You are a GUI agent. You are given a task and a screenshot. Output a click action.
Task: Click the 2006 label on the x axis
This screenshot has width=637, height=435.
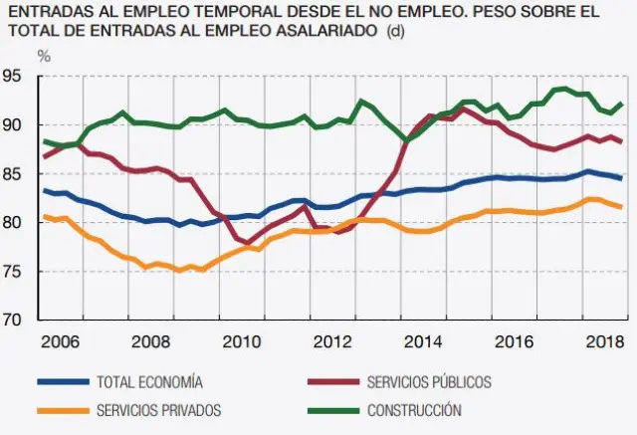pyautogui.click(x=61, y=343)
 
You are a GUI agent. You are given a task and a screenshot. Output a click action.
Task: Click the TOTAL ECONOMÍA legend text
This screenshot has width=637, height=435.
pyautogui.click(x=150, y=382)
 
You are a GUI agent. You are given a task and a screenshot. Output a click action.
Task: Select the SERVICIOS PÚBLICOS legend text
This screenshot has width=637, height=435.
pyautogui.click(x=429, y=382)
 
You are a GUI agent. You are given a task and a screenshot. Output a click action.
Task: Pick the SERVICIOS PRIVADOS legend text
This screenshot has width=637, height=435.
pyautogui.click(x=159, y=409)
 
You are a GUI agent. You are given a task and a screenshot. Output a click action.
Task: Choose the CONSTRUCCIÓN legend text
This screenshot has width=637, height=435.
pyautogui.click(x=414, y=409)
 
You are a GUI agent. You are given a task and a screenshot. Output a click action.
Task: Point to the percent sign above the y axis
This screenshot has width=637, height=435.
pyautogui.click(x=44, y=56)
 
